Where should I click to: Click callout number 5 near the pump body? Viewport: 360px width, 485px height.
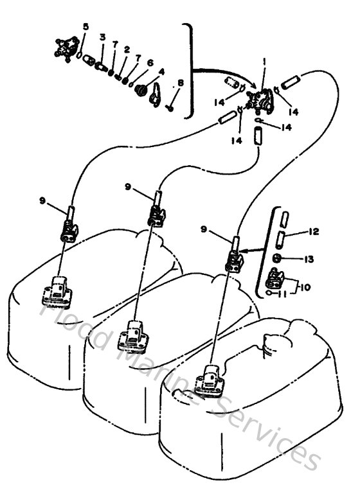coord(86,26)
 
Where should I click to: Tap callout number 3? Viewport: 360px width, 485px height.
coord(102,39)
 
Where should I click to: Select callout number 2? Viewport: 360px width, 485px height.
coord(127,49)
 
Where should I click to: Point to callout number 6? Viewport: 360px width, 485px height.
coord(150,62)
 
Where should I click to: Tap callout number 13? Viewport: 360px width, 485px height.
coord(309,259)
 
